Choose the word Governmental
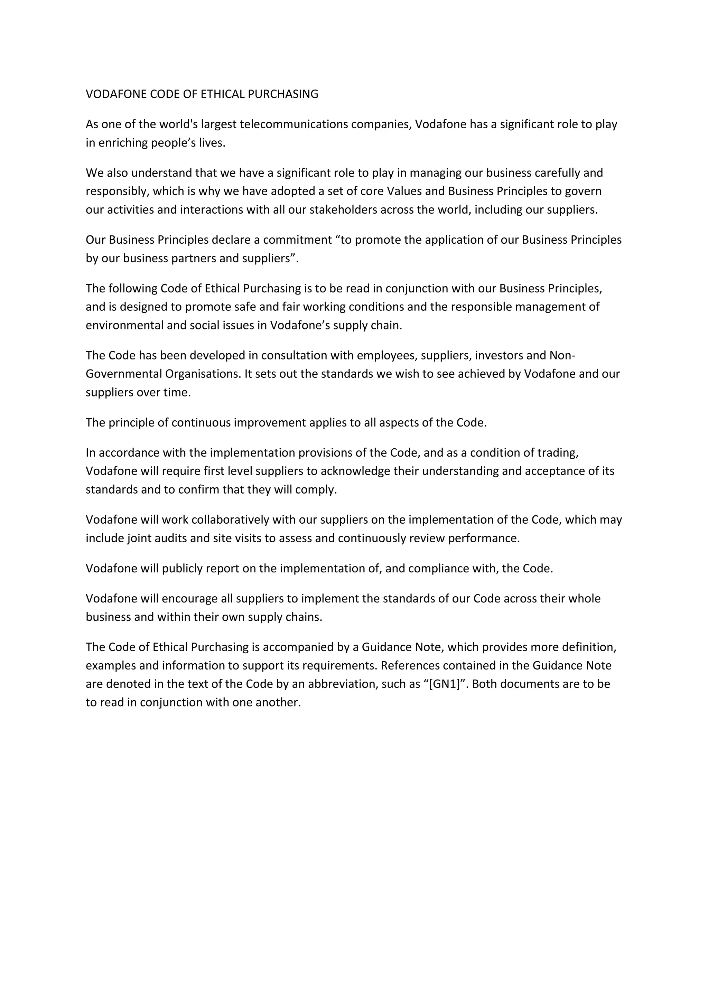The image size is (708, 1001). click(123, 374)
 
